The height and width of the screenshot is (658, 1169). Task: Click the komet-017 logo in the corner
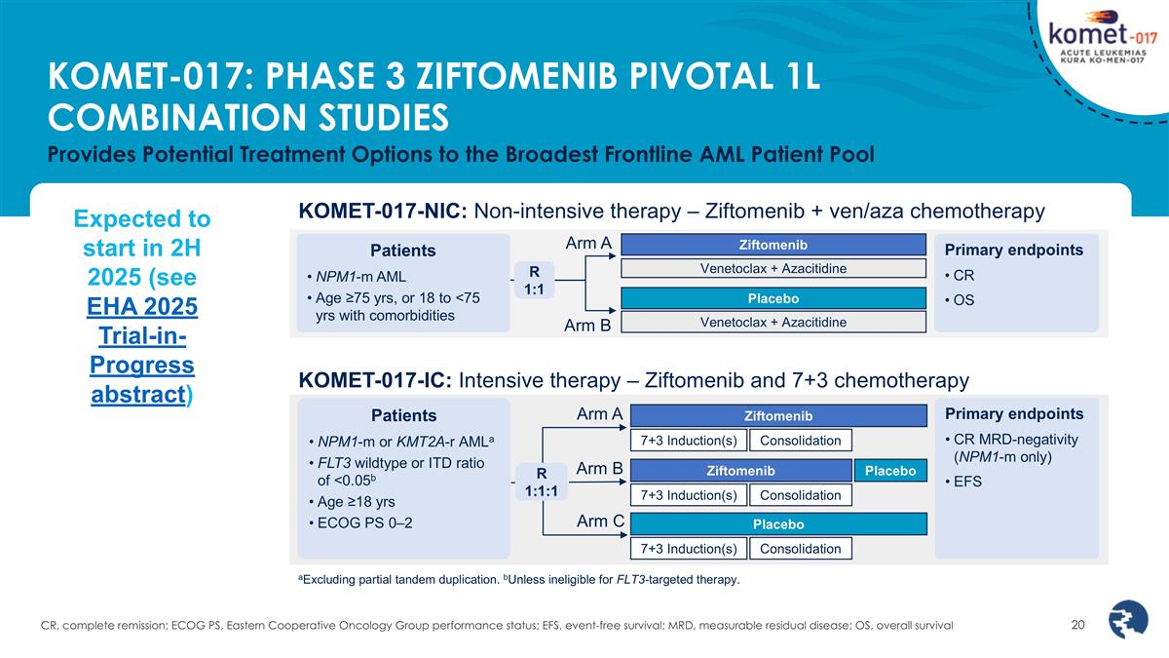[1102, 38]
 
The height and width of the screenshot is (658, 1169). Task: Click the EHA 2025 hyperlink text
[142, 306]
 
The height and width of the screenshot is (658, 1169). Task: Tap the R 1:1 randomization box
[534, 281]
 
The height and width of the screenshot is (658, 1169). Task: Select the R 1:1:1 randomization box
[542, 482]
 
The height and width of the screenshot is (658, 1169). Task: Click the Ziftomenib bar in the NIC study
[773, 245]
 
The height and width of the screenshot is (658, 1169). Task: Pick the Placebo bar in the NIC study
[773, 298]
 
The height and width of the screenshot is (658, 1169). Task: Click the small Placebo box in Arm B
[890, 471]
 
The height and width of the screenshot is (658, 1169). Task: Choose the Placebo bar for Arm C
[778, 524]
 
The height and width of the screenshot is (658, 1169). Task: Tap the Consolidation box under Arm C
[801, 549]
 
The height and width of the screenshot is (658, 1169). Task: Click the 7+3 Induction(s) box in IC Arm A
[689, 441]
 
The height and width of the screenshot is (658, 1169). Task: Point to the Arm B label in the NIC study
[587, 326]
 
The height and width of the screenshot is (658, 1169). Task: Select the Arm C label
[600, 522]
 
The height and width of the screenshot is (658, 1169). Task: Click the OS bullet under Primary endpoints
[960, 300]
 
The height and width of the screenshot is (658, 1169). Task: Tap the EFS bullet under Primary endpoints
[963, 481]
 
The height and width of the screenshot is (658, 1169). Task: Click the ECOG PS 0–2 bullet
[360, 523]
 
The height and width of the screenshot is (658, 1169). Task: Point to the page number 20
[1077, 625]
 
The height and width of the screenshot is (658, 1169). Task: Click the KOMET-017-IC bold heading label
[375, 380]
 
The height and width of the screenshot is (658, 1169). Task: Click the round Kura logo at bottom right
[1128, 619]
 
